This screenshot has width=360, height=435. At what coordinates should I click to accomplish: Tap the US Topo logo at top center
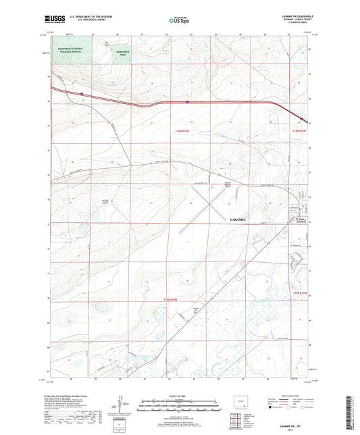click(x=178, y=20)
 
